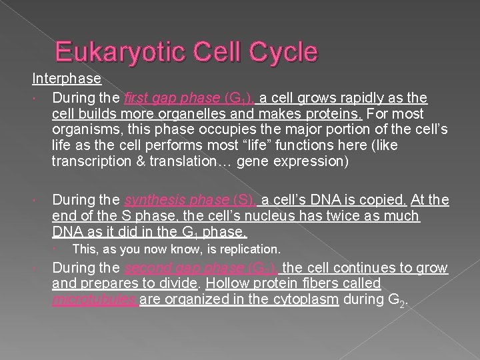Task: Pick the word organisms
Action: point(88,129)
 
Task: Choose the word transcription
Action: point(90,161)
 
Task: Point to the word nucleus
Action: point(261,216)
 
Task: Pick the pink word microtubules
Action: point(94,299)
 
